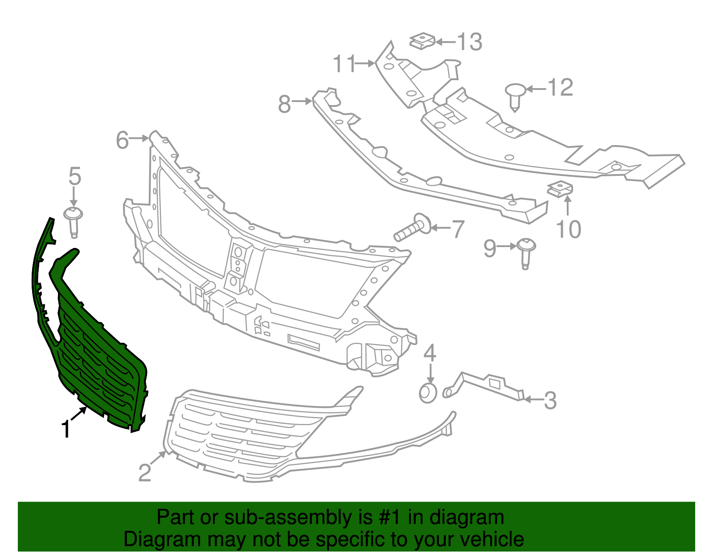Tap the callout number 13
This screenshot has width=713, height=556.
470,42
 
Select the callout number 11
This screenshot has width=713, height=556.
344,64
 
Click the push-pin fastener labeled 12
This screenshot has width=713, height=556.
516,97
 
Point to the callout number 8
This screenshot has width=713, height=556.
284,104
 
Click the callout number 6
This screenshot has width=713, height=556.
123,140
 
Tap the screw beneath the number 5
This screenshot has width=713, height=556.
73,222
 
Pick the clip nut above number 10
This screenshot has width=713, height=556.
560,189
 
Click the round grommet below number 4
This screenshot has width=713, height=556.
428,393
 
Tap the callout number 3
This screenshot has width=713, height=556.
550,400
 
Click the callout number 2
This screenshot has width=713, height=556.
145,472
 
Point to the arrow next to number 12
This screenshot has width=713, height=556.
536,89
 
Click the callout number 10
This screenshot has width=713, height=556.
569,229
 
